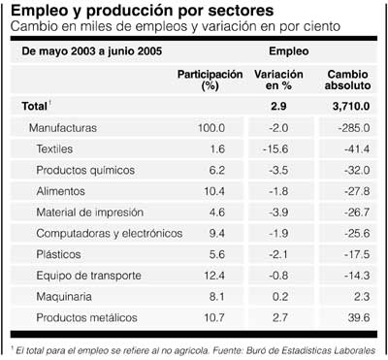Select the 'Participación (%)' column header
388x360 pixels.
click(209, 80)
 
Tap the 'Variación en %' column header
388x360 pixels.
click(278, 80)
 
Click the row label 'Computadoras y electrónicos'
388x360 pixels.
click(108, 234)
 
